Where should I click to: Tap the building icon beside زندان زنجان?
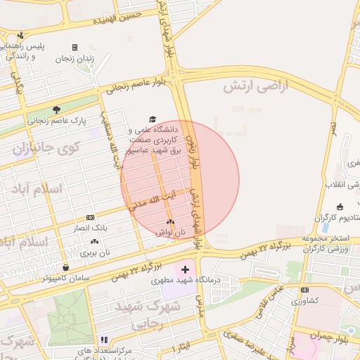point(75,47)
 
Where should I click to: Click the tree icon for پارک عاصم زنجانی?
point(56,109)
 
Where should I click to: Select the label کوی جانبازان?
point(47,148)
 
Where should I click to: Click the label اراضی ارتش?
point(257,86)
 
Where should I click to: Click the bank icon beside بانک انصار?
point(90,217)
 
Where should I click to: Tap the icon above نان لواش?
point(171,221)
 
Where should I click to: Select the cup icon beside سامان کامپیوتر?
point(65,267)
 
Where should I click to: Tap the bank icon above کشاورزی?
point(304,290)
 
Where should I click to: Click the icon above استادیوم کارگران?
point(340,207)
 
